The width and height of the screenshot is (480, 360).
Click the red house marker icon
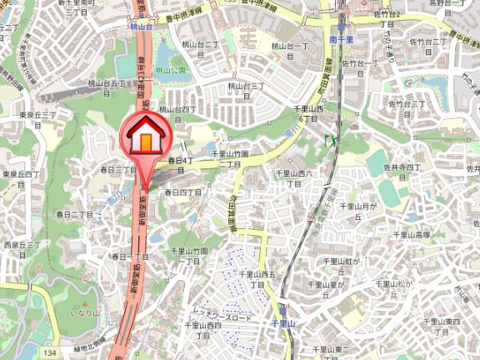click(146, 136)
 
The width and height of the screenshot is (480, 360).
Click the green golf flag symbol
click(331, 141)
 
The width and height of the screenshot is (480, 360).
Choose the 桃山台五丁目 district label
click(111, 88)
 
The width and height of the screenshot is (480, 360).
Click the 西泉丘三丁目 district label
click(22, 249)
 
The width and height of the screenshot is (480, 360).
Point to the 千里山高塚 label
click(412, 236)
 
